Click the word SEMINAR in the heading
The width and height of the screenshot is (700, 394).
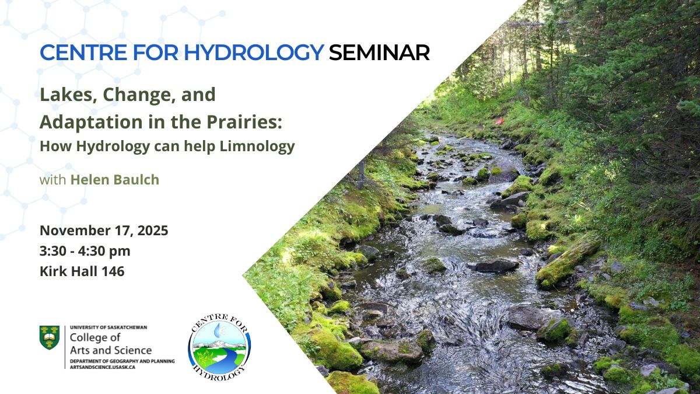click(x=379, y=53)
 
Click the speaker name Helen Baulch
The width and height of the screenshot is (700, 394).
click(x=114, y=180)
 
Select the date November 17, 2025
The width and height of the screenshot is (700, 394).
click(x=104, y=231)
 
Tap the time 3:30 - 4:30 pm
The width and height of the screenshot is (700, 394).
click(x=85, y=251)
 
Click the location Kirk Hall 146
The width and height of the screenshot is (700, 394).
click(x=82, y=271)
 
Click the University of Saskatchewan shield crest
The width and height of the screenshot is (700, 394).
click(x=49, y=337)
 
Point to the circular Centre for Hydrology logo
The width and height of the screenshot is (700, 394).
click(x=219, y=345)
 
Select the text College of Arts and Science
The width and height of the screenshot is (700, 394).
click(x=110, y=344)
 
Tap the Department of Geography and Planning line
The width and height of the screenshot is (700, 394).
click(x=121, y=361)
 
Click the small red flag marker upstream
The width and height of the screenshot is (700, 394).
click(x=499, y=121)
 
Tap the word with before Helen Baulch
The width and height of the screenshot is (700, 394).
click(x=52, y=180)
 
